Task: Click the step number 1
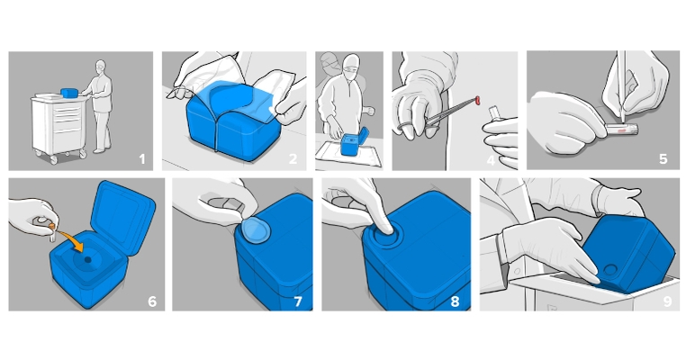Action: point(140,159)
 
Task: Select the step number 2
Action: point(293,159)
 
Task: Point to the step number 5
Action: point(663,159)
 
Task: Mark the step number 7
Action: point(298,301)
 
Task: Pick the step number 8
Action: point(455,301)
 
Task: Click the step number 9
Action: point(666,301)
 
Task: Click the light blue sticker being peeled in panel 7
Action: point(256,231)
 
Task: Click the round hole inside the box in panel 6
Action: point(88,258)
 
